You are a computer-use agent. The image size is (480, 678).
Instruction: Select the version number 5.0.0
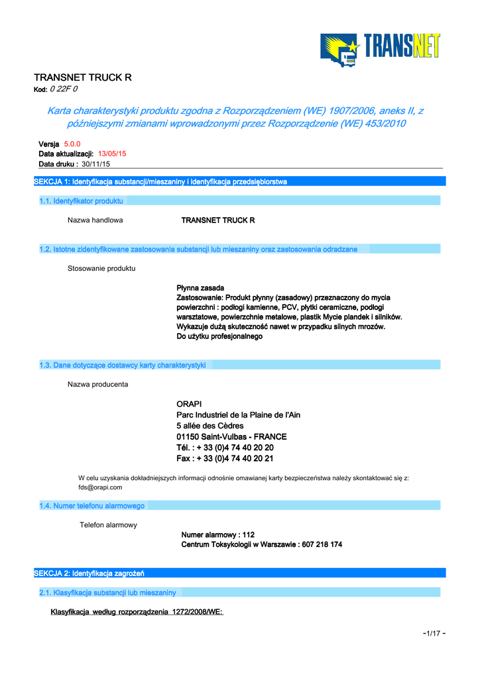(72, 144)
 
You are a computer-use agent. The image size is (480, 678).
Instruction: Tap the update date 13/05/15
(112, 154)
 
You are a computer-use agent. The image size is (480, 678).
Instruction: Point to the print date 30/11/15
(95, 164)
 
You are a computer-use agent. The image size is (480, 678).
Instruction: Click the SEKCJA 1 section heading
(160, 181)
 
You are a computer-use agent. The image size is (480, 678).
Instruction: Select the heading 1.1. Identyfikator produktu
(82, 201)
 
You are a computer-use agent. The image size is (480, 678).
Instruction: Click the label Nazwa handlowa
(95, 220)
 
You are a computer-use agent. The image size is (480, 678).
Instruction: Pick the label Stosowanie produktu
(101, 268)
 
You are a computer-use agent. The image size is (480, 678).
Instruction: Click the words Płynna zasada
(200, 288)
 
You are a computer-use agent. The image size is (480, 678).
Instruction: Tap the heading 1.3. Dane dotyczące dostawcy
(123, 365)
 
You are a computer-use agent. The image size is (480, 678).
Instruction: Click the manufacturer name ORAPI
(189, 404)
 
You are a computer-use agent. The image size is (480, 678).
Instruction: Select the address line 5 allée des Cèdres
(210, 426)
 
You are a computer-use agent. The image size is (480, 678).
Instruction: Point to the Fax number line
(225, 458)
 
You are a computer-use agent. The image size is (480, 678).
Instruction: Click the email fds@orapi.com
(100, 487)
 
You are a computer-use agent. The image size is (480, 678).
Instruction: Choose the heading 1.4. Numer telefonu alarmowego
(92, 506)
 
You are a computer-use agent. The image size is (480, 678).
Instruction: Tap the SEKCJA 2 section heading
(89, 573)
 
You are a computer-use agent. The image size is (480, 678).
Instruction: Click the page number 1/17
(434, 634)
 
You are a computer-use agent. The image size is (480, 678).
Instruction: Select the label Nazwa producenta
(98, 384)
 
